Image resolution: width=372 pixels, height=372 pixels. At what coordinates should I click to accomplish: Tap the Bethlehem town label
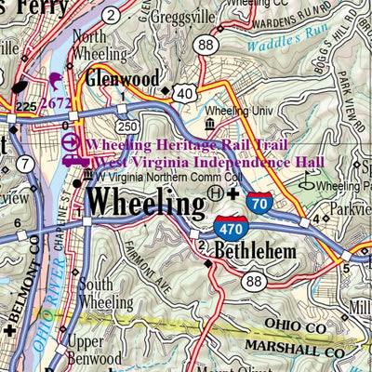[x=255, y=251]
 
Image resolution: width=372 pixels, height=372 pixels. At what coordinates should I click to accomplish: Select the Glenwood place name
[x=123, y=80]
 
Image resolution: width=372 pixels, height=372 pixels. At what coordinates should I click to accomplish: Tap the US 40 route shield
[x=187, y=91]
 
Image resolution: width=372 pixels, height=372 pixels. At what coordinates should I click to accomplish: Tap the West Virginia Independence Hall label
[x=209, y=163]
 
